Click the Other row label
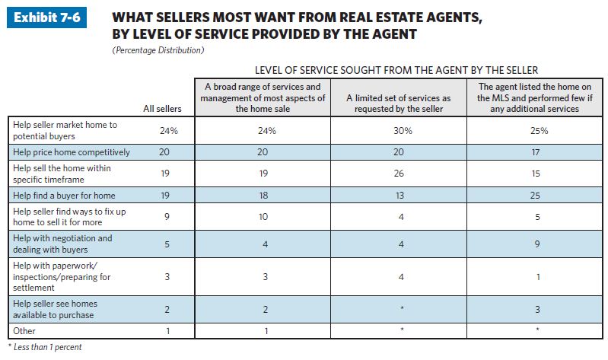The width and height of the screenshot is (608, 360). point(25,331)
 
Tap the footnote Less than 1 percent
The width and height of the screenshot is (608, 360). point(44,347)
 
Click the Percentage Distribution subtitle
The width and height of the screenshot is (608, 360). point(157,50)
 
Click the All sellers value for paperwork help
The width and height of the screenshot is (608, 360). point(168,277)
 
